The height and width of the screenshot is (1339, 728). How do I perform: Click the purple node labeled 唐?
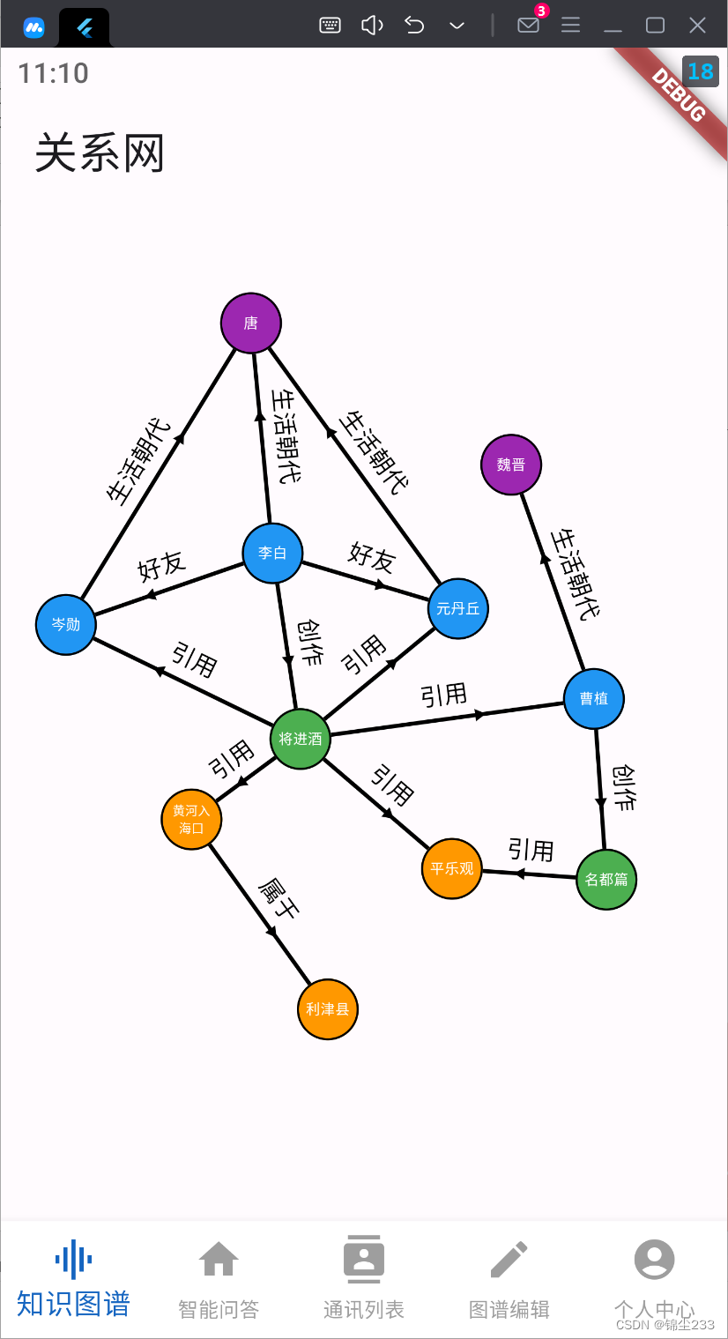(251, 323)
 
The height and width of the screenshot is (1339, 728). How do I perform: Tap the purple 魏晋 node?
(511, 465)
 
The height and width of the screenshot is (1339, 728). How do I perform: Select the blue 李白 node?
(272, 554)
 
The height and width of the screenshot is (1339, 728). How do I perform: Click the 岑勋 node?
(66, 625)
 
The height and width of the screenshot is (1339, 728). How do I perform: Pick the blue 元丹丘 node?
(458, 608)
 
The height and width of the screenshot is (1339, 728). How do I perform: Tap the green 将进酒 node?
(301, 739)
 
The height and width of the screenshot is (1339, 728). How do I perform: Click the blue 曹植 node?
(594, 699)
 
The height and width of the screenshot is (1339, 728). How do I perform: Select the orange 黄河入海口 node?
(191, 820)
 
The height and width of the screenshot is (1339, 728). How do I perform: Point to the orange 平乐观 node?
(452, 868)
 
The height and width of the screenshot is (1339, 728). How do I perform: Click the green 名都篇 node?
(606, 879)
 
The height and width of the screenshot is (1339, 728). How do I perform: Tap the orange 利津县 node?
(328, 1009)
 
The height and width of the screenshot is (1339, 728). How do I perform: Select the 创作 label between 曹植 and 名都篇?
(625, 786)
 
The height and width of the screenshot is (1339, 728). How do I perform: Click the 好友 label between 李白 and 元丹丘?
(372, 557)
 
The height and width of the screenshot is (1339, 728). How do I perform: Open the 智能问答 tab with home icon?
(219, 1260)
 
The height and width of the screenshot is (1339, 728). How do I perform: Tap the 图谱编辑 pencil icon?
(509, 1260)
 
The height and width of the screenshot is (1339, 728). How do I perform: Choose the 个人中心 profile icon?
(654, 1260)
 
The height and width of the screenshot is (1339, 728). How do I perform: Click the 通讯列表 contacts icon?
(363, 1260)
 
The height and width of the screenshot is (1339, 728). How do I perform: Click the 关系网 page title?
(100, 153)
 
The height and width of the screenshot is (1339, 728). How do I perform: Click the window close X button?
(697, 25)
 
